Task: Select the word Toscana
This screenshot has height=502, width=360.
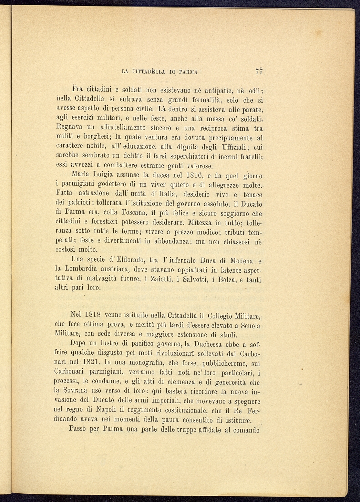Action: coord(135,212)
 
